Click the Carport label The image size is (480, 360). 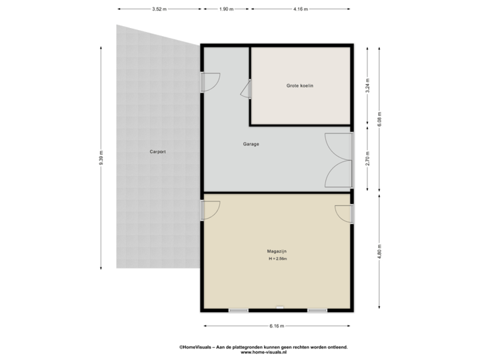157,152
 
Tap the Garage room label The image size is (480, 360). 251,144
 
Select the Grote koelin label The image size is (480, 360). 300,86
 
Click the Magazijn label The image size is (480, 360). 277,251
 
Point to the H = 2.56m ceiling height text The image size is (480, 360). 277,258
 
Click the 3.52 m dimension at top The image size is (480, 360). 159,9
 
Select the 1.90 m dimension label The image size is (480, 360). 227,9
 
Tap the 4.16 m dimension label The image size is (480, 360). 301,9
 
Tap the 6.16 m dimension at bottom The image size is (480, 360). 277,326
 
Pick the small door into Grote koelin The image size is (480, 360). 245,89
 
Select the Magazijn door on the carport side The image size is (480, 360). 211,210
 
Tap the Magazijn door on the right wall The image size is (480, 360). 343,213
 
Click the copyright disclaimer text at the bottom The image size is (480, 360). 263,349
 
